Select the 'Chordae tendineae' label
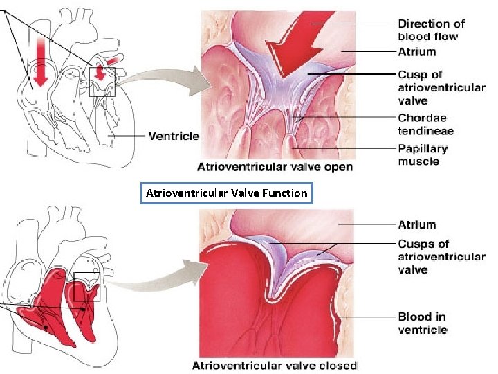[425, 124]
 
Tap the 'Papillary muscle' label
[423, 154]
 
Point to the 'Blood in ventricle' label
[422, 323]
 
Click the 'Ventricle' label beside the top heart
[174, 136]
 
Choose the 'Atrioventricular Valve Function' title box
[226, 193]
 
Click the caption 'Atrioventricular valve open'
[275, 166]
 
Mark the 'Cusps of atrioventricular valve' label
[441, 257]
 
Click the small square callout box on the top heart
[103, 82]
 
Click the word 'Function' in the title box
[284, 193]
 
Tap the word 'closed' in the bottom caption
[338, 365]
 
